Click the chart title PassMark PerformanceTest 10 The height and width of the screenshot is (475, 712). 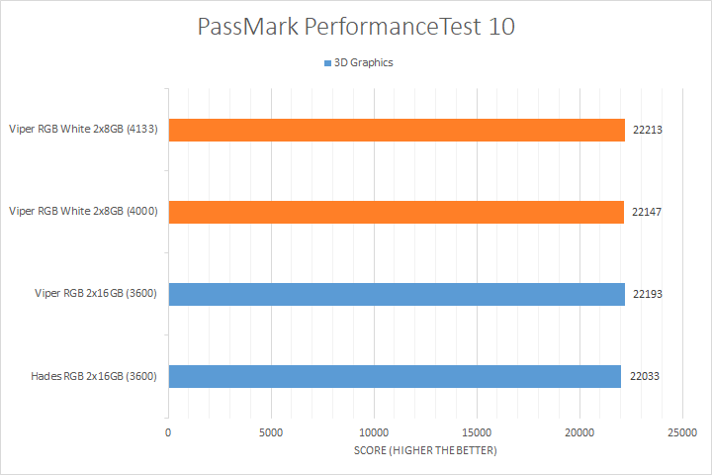[x=356, y=27]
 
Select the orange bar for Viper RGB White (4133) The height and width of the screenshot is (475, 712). [x=397, y=130]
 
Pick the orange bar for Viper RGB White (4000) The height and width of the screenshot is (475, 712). [x=396, y=212]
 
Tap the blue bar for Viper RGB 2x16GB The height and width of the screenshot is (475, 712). [x=397, y=294]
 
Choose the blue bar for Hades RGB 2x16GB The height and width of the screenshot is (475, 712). [x=395, y=376]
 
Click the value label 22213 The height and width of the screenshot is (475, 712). [x=646, y=130]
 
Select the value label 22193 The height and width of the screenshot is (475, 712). [x=646, y=294]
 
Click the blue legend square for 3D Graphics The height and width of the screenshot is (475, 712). [x=327, y=63]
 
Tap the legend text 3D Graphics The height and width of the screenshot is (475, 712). [x=365, y=63]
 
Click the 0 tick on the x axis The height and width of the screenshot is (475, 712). [x=168, y=432]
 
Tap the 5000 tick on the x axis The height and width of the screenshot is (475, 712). [x=271, y=432]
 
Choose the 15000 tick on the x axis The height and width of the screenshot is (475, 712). [x=477, y=432]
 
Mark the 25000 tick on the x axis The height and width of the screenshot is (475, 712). [x=682, y=432]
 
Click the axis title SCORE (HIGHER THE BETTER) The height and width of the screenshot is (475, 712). [x=425, y=451]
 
